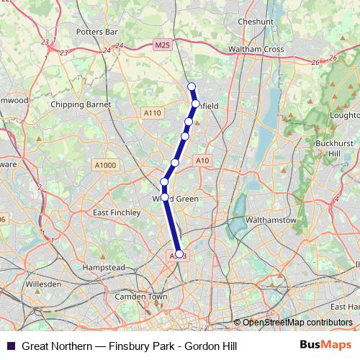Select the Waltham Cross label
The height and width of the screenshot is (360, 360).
[x=256, y=49]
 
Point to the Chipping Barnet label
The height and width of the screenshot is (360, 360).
[x=81, y=104]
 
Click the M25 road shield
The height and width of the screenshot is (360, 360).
[x=163, y=45]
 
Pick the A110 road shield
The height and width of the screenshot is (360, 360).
[x=152, y=113]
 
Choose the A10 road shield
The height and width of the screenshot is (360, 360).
[x=202, y=161]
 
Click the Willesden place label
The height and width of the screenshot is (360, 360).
[x=43, y=284]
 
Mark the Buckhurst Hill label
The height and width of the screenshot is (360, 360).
[x=333, y=148]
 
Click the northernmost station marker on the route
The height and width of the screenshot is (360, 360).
[x=192, y=87]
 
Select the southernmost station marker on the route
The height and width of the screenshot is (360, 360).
[x=179, y=253]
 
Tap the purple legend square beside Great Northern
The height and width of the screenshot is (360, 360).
[x=11, y=346]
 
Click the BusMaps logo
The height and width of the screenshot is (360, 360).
[x=325, y=345]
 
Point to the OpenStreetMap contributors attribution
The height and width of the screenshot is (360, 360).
[x=297, y=322]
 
